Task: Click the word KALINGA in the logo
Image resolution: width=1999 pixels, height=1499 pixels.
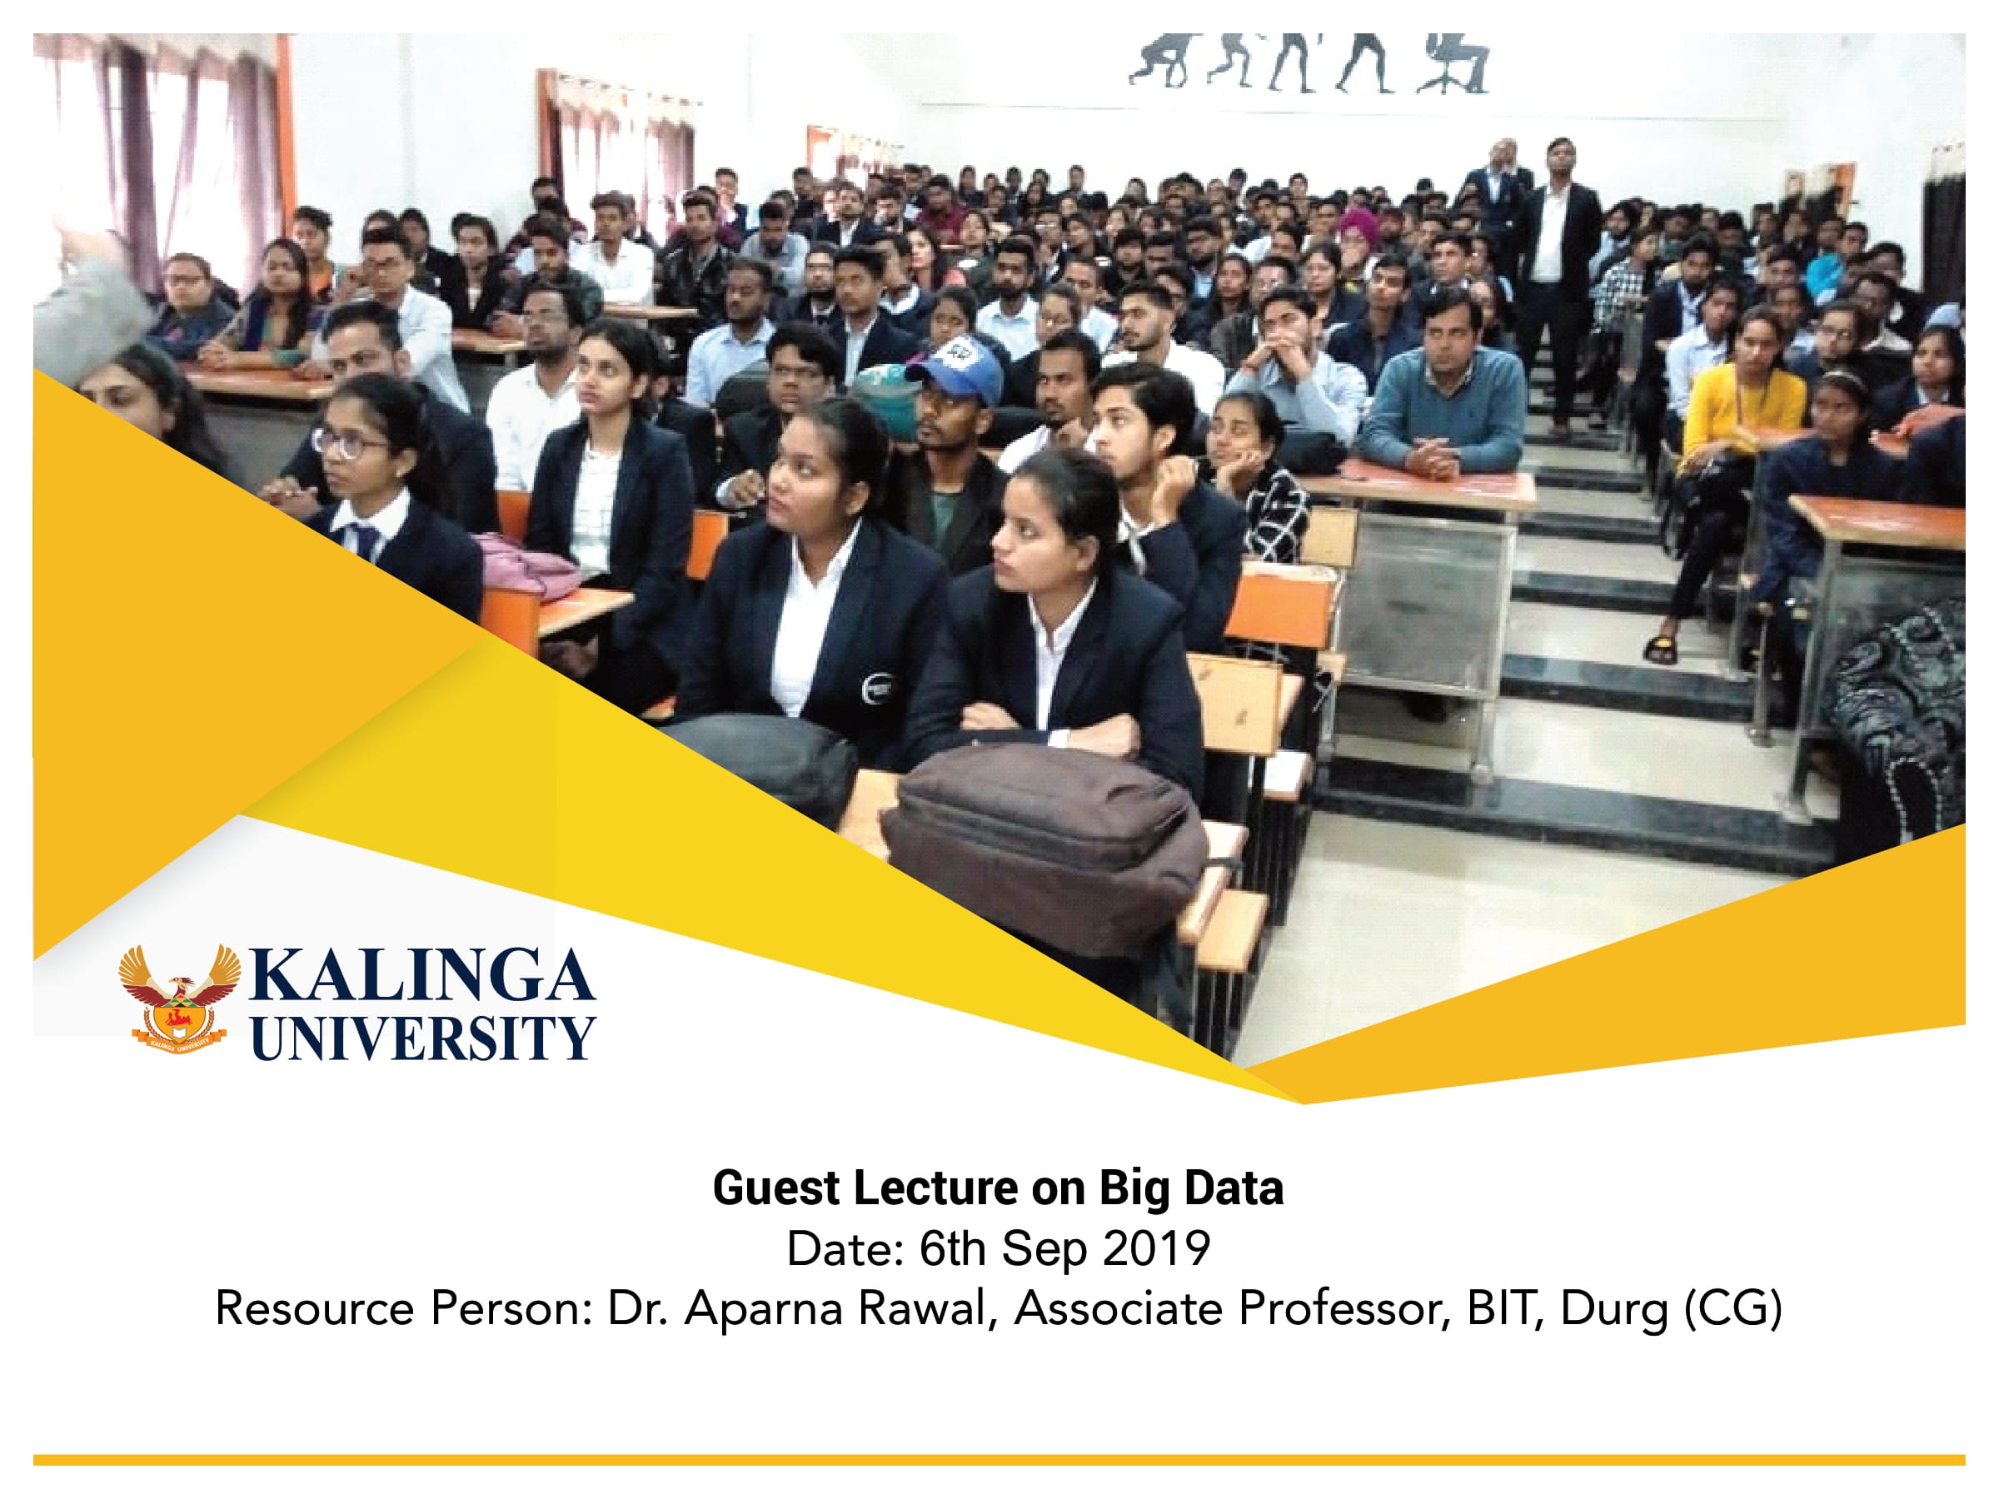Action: (x=422, y=975)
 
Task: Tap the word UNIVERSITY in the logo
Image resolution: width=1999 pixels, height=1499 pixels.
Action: (x=422, y=1038)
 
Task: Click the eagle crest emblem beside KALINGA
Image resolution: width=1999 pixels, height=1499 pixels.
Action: (x=180, y=998)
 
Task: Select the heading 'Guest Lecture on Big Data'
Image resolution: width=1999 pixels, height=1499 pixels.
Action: (x=998, y=1188)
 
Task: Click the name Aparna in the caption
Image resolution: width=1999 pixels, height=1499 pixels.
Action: (x=764, y=1308)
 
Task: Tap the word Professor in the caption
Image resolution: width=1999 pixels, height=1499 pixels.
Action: (x=1344, y=1308)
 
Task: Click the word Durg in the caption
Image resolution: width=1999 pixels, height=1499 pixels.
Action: (x=1614, y=1308)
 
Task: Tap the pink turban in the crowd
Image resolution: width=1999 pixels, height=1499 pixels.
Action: (x=1358, y=224)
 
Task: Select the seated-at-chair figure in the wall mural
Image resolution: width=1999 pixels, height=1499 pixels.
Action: (x=1454, y=65)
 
